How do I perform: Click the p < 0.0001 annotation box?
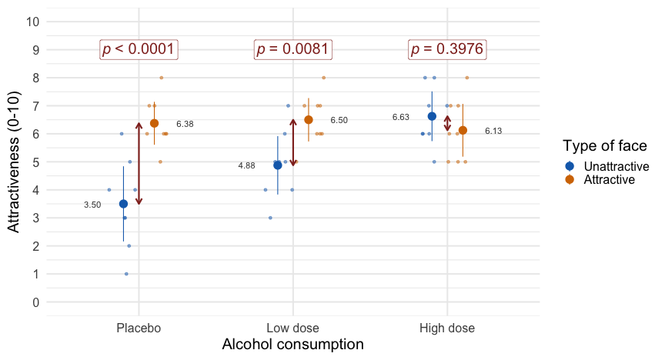click(139, 49)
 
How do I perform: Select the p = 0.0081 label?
click(293, 49)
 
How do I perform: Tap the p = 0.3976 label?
click(447, 49)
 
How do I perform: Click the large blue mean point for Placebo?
click(123, 204)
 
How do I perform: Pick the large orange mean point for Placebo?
click(154, 123)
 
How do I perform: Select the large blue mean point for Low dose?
click(278, 165)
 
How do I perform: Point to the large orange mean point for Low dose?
click(309, 120)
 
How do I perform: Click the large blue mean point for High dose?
click(432, 116)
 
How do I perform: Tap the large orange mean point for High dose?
click(463, 130)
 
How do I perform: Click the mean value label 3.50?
click(92, 205)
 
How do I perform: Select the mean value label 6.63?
click(400, 117)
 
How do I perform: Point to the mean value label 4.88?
click(246, 166)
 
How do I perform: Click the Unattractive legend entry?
click(616, 166)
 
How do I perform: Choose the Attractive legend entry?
click(609, 179)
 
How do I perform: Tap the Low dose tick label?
click(293, 328)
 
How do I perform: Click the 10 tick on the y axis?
click(32, 22)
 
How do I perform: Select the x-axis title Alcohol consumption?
click(292, 345)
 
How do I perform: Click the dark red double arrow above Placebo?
click(139, 163)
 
